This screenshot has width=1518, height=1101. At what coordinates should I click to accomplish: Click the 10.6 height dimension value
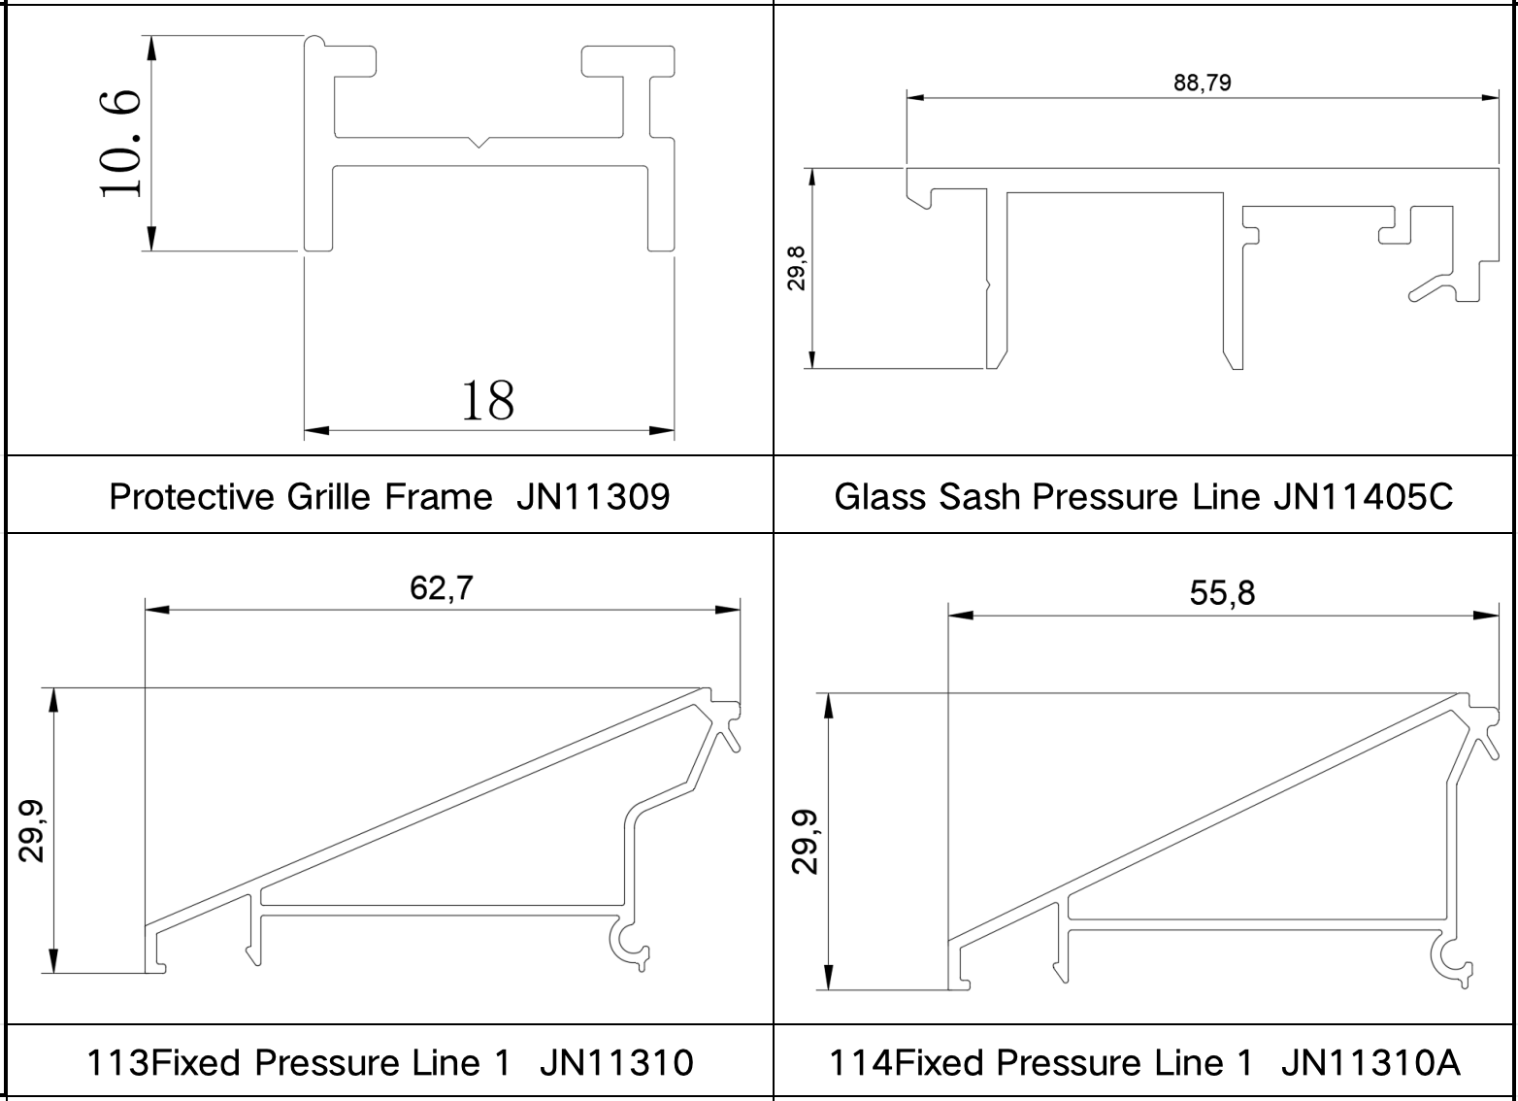[120, 144]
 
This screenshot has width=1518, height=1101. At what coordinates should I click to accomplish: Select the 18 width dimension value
[488, 401]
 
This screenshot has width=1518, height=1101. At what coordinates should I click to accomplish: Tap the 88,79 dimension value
[1203, 83]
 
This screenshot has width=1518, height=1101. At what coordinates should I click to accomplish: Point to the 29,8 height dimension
[796, 269]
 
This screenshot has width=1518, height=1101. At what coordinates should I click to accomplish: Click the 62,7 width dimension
[442, 587]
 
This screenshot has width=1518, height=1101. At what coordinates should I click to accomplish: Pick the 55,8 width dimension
[1222, 593]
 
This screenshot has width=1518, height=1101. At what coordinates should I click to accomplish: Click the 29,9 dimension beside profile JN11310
[31, 831]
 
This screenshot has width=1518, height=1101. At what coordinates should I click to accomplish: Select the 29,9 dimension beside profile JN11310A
[805, 842]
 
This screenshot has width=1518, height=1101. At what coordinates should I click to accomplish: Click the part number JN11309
[593, 497]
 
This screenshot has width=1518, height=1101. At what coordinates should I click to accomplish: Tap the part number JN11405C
[1363, 497]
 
